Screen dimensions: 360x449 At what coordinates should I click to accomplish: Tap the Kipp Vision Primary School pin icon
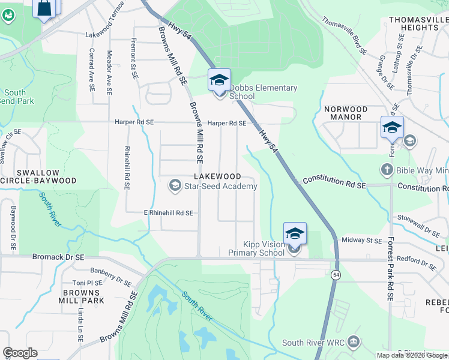[295, 233]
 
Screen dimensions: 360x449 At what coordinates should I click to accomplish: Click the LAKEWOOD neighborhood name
[217, 176]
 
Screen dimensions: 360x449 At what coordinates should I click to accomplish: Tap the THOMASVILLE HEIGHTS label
[418, 23]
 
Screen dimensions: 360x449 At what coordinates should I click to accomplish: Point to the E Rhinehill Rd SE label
[168, 213]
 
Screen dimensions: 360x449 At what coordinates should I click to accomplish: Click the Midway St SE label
[361, 241]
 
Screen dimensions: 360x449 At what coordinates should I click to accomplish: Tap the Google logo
[20, 353]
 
